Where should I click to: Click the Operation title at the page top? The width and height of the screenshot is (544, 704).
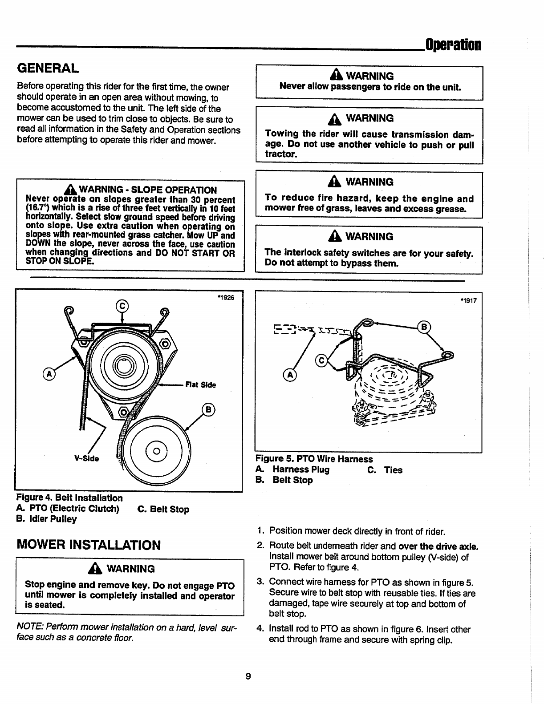tap(453, 45)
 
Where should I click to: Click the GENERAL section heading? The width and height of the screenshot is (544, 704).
tap(48, 68)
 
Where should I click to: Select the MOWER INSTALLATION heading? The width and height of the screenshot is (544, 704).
tap(89, 545)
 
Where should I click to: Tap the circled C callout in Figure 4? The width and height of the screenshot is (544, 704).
tap(122, 306)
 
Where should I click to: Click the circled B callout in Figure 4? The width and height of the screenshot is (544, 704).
tap(208, 409)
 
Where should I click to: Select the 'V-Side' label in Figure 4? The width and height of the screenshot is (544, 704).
tap(86, 458)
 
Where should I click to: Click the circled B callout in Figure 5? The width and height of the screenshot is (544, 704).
tap(424, 327)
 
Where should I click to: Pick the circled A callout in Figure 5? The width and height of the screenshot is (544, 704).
tap(290, 375)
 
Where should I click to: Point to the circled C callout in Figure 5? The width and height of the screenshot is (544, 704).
tap(321, 360)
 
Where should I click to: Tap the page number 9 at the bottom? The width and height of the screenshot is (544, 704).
tap(248, 676)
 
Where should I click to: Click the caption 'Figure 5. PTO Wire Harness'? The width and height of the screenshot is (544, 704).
tap(314, 459)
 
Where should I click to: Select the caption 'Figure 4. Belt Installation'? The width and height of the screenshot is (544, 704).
tap(69, 498)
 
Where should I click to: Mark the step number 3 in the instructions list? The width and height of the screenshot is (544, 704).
tap(260, 582)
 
